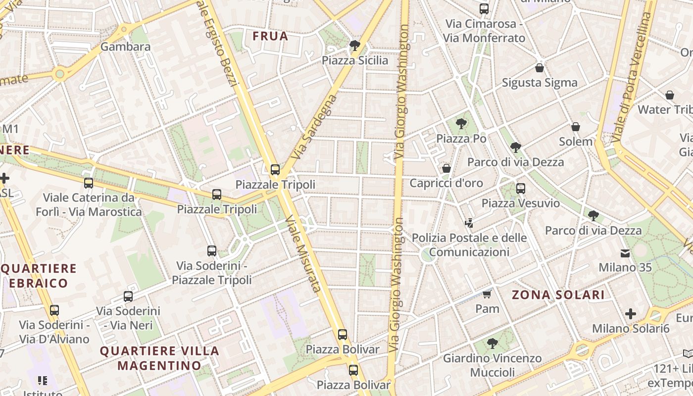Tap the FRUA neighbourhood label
[270, 36]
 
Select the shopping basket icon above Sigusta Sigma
[540, 68]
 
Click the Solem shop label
[576, 142]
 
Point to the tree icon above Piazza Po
[461, 124]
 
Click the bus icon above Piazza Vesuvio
[520, 189]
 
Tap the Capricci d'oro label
[446, 183]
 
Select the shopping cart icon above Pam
[487, 295]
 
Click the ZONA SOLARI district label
[558, 295]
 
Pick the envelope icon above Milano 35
[625, 253]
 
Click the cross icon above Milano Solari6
[631, 314]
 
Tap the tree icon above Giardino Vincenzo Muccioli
[492, 343]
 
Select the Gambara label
[125, 47]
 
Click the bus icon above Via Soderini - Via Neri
[128, 297]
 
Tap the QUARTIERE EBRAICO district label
[39, 276]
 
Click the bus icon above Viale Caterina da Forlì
[89, 183]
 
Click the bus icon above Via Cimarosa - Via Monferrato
[484, 9]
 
